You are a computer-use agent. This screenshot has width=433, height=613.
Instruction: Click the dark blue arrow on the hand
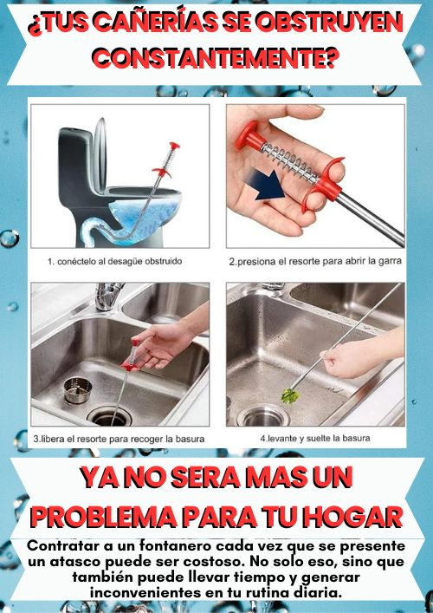click(x=267, y=185)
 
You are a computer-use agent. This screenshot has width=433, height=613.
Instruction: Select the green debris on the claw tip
click(x=290, y=396)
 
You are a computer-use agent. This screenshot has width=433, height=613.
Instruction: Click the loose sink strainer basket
click(x=78, y=390)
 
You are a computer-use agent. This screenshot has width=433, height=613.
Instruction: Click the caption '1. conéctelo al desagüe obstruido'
click(x=115, y=261)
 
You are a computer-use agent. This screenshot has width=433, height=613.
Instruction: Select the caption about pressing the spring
click(x=315, y=261)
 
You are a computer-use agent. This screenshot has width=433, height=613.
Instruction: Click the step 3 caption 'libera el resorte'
click(x=119, y=439)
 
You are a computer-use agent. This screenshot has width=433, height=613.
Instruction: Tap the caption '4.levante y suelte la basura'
click(x=315, y=438)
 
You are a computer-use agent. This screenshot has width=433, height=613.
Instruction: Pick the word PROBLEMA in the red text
click(x=104, y=517)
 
